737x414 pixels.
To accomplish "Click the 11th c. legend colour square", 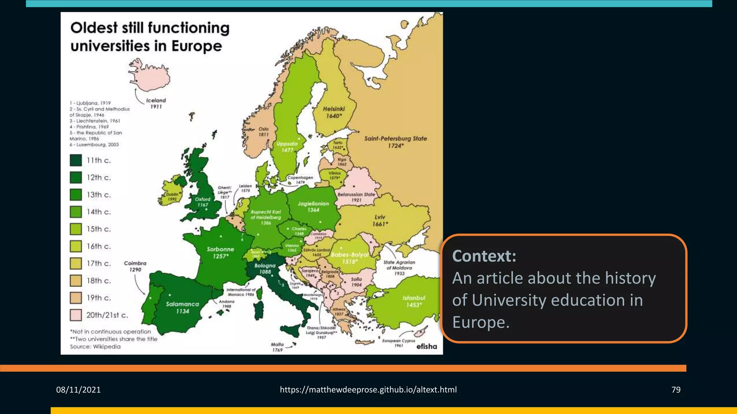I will pos(76,160).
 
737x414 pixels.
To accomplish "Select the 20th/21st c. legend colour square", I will pos(76,315).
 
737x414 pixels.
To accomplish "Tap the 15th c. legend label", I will pos(99,229).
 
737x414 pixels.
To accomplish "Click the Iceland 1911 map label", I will pos(156,103).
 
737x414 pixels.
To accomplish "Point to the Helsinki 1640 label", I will pos(334,112).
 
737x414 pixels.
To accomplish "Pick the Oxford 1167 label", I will pos(203,202).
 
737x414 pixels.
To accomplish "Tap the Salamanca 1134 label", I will pos(182,308).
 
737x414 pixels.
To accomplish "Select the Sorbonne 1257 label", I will pos(220,253).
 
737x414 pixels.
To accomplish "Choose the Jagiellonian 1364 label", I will pos(313,207).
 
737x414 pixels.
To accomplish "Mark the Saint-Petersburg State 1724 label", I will pos(395,142).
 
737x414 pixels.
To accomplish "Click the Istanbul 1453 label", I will pos(414,302).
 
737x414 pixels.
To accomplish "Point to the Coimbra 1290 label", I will pos(135,266).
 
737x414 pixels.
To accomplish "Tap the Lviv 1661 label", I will pos(380,221).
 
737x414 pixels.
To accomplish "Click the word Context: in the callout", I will pos(484,256).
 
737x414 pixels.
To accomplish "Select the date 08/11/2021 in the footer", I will pos(78,390).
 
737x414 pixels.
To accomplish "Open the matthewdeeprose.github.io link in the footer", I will pos(368,390).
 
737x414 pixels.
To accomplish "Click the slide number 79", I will pos(676,390).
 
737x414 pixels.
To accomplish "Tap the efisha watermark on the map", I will pos(426,346).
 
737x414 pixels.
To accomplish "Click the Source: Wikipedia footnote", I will pos(95,347).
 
